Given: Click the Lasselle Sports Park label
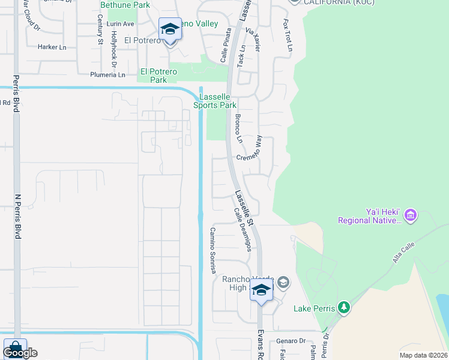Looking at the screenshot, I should [x=215, y=100].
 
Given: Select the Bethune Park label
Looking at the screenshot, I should [x=125, y=5].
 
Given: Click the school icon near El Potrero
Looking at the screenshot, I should [x=170, y=29].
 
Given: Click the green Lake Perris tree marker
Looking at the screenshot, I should [x=343, y=308].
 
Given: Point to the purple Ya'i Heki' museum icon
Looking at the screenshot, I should [x=411, y=215].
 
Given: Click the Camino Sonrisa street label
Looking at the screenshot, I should [x=212, y=251].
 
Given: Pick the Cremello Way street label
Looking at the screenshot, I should [x=250, y=157].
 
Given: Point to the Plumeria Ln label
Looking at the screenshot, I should [x=107, y=75].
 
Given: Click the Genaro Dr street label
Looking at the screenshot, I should [x=288, y=341].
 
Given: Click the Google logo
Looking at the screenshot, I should [x=19, y=353].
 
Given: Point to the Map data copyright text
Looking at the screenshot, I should [x=423, y=355].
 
